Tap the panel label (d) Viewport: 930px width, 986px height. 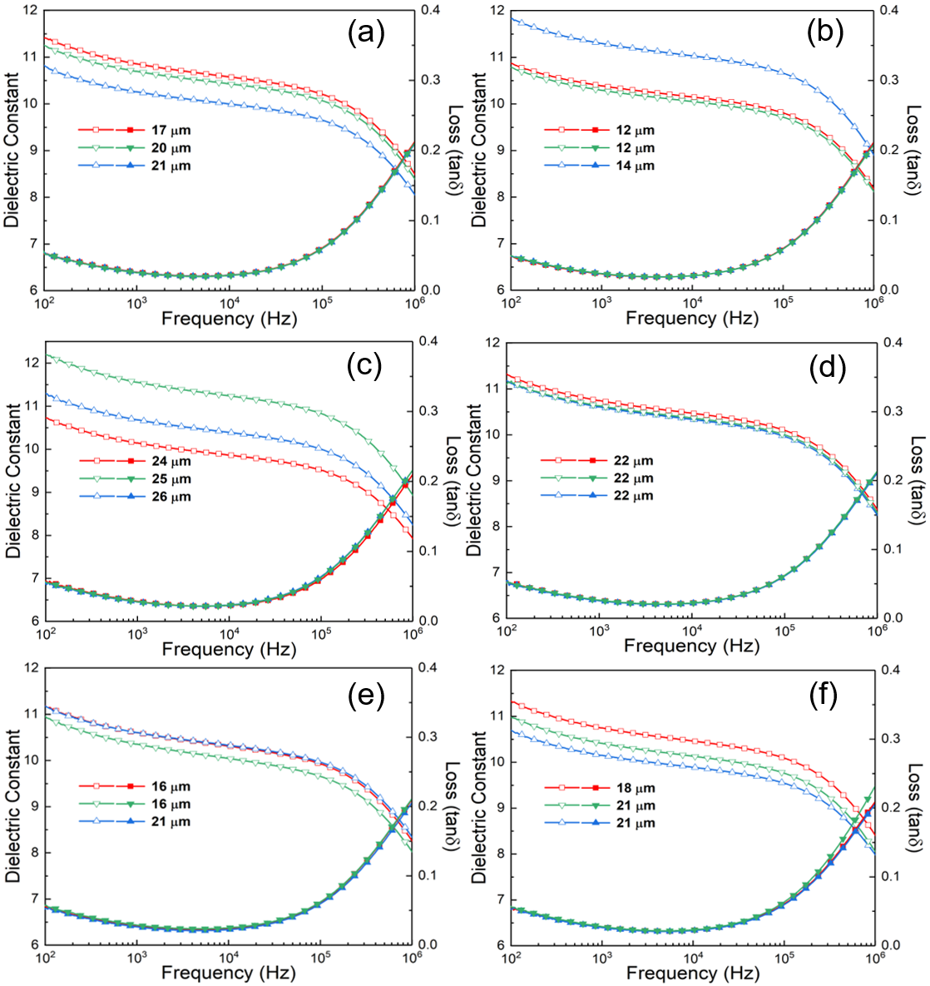pos(827,369)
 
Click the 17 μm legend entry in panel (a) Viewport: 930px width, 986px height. pos(171,131)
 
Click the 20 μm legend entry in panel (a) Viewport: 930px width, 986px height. pos(171,148)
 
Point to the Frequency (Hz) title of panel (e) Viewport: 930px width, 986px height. pos(229,973)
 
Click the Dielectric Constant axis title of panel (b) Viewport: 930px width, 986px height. pos(479,150)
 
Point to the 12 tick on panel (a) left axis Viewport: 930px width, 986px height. pos(31,11)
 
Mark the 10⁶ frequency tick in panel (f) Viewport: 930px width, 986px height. pos(874,959)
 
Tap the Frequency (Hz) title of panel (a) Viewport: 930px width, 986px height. pos(229,318)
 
